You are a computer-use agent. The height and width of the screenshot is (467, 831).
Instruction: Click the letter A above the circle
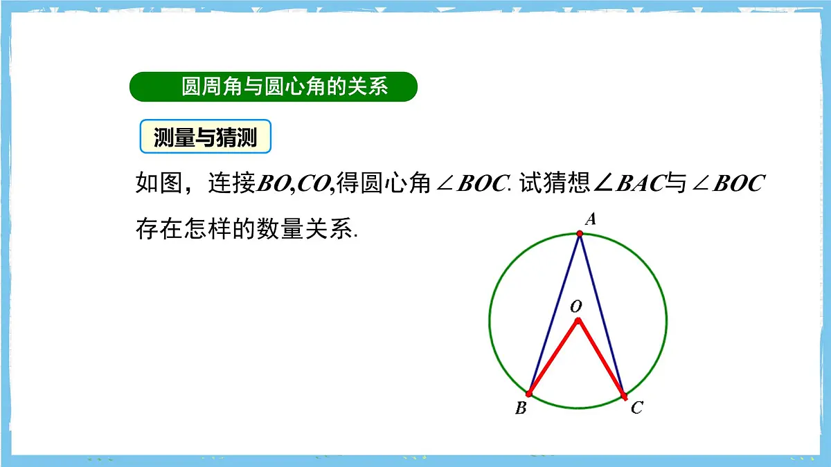pyautogui.click(x=591, y=220)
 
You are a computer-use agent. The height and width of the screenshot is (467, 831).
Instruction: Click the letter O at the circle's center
pyautogui.click(x=576, y=305)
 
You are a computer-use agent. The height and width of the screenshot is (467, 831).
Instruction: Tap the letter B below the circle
pyautogui.click(x=521, y=408)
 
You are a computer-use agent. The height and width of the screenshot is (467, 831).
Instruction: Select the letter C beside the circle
pyautogui.click(x=636, y=408)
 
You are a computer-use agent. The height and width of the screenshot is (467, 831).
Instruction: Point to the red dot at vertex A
pyautogui.click(x=580, y=234)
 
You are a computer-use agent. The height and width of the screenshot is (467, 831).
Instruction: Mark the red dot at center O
pyautogui.click(x=578, y=320)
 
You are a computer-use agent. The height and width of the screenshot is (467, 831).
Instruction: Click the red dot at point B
pyautogui.click(x=529, y=394)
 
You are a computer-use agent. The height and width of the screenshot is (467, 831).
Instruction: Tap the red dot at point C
pyautogui.click(x=624, y=396)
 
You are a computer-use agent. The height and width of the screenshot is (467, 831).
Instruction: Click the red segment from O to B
pyautogui.click(x=553, y=357)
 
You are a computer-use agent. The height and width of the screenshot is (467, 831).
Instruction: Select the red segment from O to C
pyautogui.click(x=600, y=358)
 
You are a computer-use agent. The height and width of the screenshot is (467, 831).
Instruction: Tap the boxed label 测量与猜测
pyautogui.click(x=205, y=138)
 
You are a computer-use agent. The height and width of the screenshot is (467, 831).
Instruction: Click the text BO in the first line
pyautogui.click(x=274, y=184)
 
